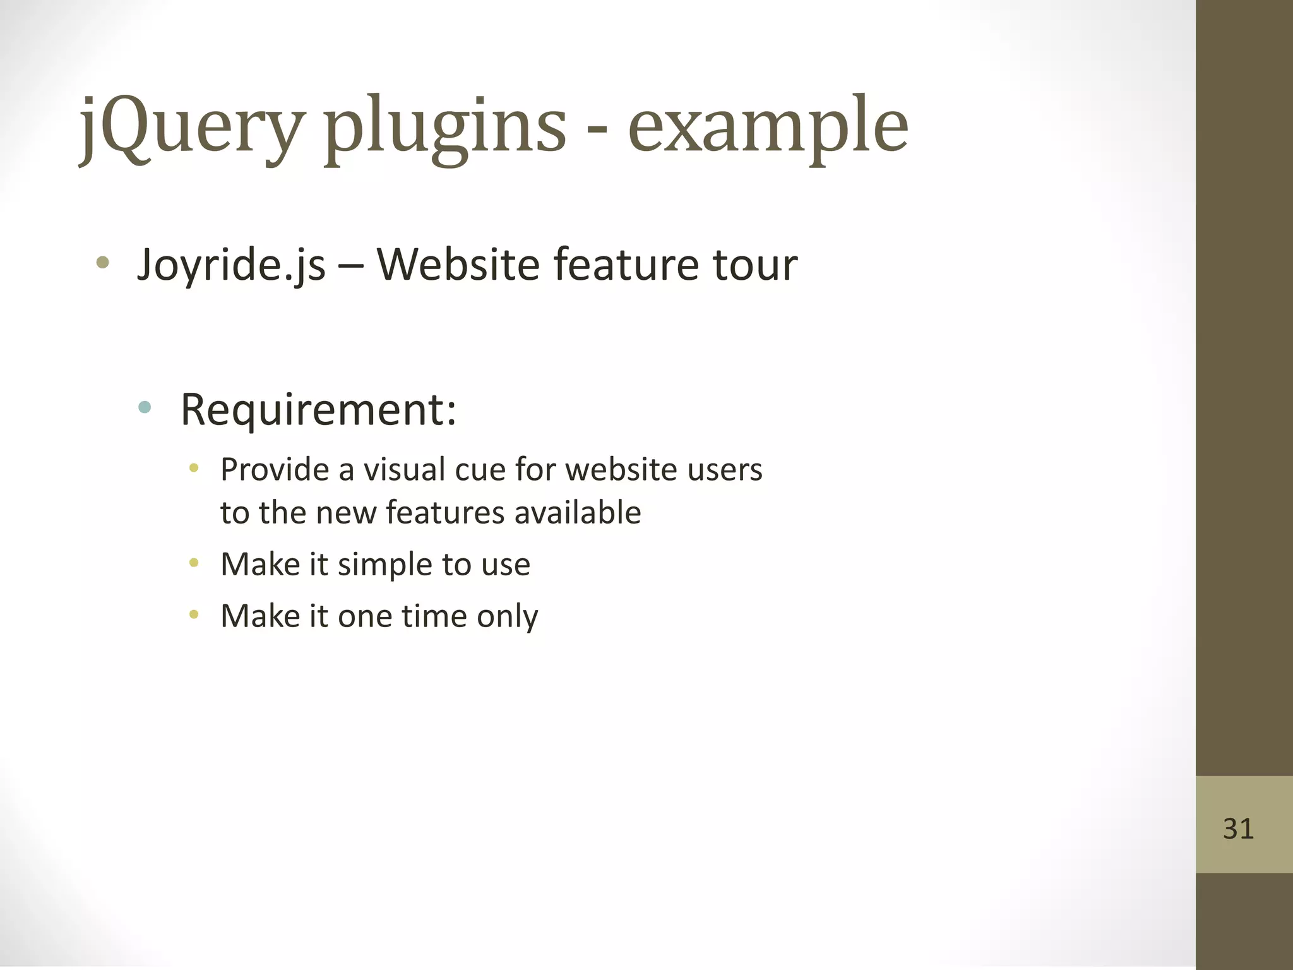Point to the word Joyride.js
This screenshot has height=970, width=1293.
[231, 265]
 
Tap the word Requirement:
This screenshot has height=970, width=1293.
[318, 410]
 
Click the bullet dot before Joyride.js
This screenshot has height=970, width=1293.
[103, 262]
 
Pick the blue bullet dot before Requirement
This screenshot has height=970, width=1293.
[145, 407]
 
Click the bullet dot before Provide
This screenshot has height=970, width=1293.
[194, 468]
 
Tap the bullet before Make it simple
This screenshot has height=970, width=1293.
[194, 562]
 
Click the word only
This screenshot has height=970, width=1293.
[507, 616]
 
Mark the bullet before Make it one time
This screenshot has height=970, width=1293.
[194, 614]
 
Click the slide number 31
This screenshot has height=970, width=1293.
[1238, 829]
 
